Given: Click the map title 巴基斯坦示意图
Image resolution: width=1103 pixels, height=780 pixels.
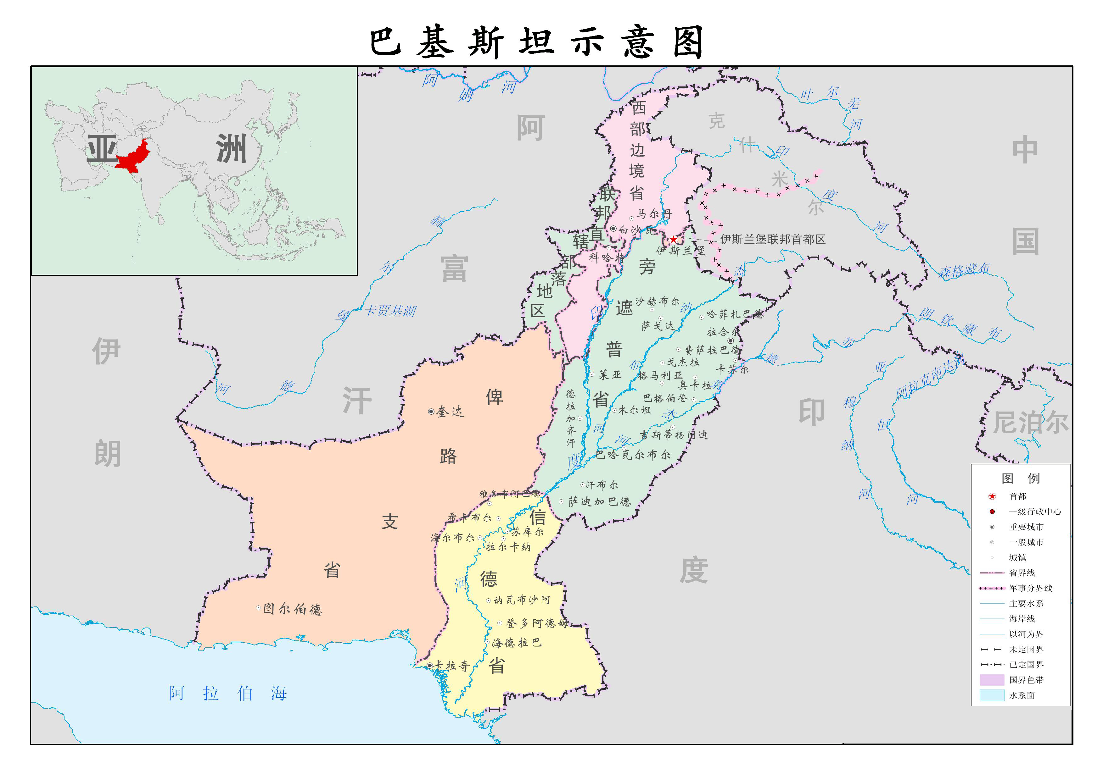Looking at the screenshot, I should coord(536,42).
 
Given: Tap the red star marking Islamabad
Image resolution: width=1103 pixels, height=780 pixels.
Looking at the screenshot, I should coord(673,239).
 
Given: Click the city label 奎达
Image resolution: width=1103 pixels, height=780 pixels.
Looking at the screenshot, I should coord(449,412).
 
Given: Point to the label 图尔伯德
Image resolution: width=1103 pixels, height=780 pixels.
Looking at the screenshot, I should coord(293,609).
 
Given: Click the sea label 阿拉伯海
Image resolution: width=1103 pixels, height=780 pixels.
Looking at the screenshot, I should coord(228,693).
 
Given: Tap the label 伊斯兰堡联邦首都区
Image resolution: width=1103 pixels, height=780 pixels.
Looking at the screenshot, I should coord(772,239).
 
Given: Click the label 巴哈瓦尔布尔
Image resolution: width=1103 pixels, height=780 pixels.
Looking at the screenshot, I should coord(633,454).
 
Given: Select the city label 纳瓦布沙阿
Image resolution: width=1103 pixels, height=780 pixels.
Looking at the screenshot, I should coord(522,600).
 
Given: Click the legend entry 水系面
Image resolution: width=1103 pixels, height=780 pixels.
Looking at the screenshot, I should coord(1022,695).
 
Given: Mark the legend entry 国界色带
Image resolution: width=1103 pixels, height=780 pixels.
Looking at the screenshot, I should coord(1026,680).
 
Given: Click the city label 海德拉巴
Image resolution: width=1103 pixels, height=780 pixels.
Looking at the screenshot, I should coord(517,643).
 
